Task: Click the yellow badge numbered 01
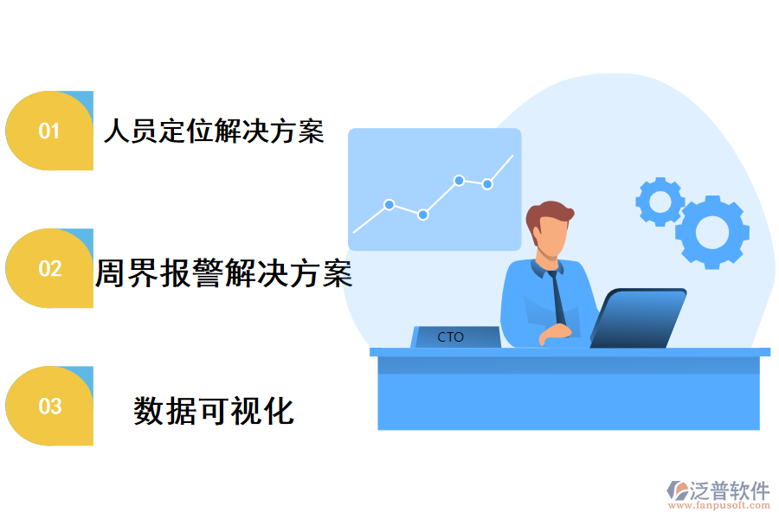[49, 131]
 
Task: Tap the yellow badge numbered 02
[49, 268]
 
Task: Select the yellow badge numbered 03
[49, 406]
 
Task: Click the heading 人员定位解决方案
[214, 131]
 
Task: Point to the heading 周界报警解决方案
[223, 273]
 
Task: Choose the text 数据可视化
[214, 410]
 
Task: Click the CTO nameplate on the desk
[452, 336]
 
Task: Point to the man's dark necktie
[558, 298]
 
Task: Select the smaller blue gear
[660, 202]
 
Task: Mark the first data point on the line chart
[389, 205]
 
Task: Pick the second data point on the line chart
[423, 215]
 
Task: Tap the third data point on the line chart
[459, 180]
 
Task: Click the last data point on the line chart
[487, 184]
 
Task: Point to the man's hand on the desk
[557, 332]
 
